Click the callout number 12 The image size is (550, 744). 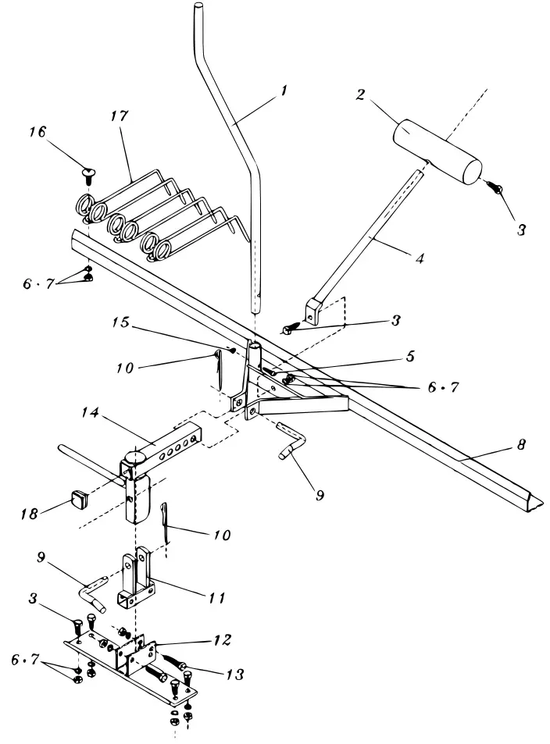221,639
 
